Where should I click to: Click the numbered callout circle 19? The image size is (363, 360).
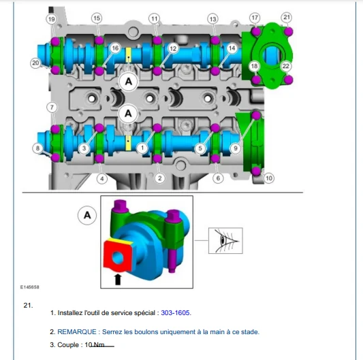coord(51,19)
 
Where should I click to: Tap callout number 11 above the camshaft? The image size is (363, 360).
coord(155,18)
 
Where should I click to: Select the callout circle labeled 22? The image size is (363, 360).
coord(286,66)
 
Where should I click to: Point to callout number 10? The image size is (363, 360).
coord(269,178)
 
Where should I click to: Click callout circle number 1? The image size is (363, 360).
coord(142,148)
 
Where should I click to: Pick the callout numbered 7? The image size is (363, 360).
coord(52,108)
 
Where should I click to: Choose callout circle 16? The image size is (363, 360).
coord(115,48)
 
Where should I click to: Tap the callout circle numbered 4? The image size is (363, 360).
coord(102,178)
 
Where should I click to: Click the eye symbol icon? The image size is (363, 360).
coord(225,241)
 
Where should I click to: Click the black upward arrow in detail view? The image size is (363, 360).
coord(118,279)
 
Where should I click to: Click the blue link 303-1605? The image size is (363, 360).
coord(176,313)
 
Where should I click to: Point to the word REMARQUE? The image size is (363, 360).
coord(77,332)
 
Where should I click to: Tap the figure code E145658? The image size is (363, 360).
coord(30,287)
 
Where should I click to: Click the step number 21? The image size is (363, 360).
coord(28,306)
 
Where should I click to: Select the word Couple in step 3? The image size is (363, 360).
coord(68,345)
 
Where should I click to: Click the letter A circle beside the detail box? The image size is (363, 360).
coord(87,216)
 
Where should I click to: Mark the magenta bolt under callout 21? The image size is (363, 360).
coord(289,32)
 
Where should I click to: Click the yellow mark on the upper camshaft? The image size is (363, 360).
coord(129,56)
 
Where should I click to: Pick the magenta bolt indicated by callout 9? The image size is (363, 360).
coord(256,116)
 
